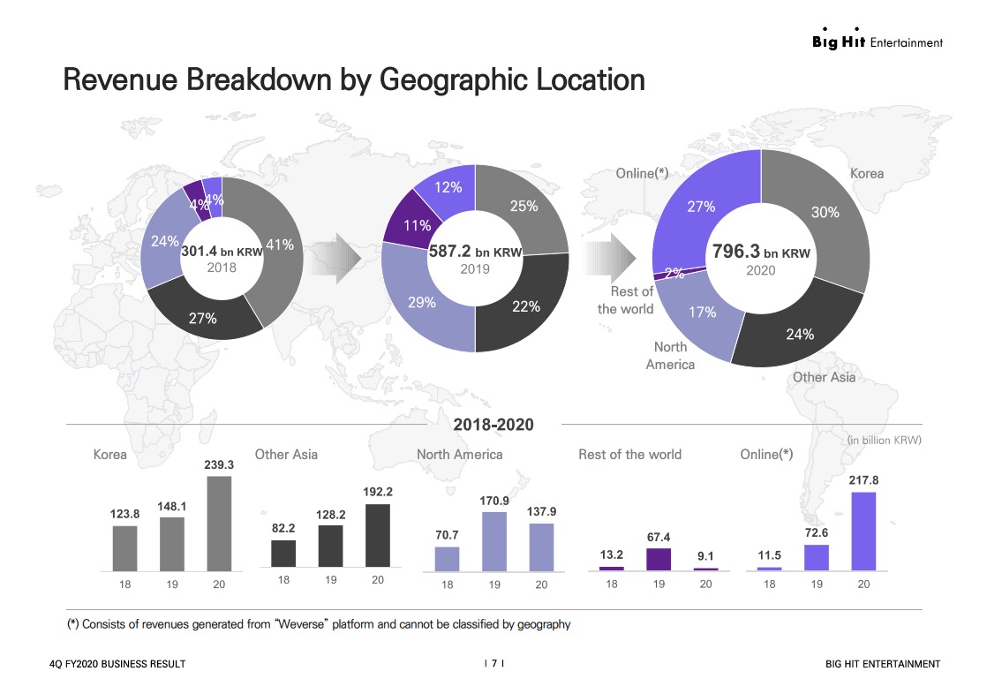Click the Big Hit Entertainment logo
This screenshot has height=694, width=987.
pos(877,41)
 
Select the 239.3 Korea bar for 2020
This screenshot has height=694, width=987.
pos(219,523)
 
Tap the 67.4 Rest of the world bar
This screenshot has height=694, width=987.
pos(659,559)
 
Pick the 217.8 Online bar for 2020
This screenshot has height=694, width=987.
pos(863,531)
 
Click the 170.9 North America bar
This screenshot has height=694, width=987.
pos(494,541)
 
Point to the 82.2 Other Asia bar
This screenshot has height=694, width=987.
pos(283,553)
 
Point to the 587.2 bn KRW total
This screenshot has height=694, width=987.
pos(475,252)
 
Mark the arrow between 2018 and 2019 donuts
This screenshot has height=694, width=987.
pos(344,258)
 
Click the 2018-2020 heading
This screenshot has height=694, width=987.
pos(493,425)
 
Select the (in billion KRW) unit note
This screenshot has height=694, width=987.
pos(884,440)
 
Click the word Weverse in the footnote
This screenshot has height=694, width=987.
pos(303,625)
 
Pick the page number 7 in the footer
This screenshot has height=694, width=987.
pos(493,664)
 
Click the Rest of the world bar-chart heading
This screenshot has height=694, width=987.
pos(629,455)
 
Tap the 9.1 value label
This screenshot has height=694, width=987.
pos(705,556)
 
